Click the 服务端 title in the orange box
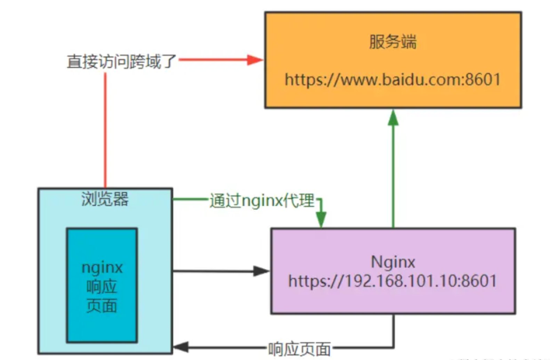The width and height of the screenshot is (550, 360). (393, 42)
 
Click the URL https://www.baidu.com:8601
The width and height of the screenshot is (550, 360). (393, 80)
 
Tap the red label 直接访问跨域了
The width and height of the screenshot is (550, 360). (122, 62)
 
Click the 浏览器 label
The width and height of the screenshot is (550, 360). (105, 199)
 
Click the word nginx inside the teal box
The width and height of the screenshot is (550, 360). (102, 268)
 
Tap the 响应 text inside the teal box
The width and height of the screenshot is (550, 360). (102, 287)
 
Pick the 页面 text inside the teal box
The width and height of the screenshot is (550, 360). (102, 306)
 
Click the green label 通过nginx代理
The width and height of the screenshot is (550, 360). (262, 201)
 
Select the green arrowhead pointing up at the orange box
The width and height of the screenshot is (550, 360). (393, 118)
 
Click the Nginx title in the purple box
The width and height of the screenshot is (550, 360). (393, 262)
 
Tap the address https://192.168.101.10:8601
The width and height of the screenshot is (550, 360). (393, 281)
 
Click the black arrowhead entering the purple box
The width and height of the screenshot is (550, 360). (261, 271)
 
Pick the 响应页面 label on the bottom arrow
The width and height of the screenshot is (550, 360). (299, 349)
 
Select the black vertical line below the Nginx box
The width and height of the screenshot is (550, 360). (394, 330)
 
